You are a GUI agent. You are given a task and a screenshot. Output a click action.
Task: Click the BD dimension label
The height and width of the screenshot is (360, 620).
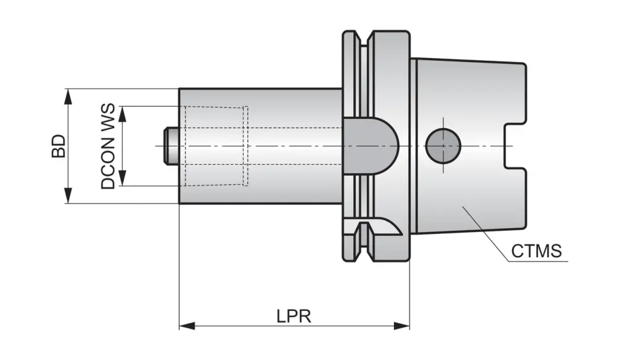tap(59, 146)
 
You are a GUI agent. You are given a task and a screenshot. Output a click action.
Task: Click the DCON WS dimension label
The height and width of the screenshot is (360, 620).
tap(108, 146)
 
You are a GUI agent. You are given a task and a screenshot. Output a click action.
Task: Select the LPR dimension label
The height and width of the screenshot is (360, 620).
tap(294, 316)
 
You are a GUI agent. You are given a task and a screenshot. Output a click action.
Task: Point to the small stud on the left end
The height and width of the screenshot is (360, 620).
tap(171, 145)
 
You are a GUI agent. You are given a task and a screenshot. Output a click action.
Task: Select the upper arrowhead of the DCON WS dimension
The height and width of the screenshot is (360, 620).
tap(123, 111)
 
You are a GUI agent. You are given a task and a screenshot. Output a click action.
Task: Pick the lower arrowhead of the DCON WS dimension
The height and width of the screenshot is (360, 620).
tap(123, 181)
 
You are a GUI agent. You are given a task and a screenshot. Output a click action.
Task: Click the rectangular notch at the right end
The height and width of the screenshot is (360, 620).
tap(514, 146)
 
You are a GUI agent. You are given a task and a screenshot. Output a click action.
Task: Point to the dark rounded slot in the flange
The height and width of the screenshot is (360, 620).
tap(370, 145)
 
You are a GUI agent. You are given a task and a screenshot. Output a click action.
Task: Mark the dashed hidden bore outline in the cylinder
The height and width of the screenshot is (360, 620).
tap(247, 145)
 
